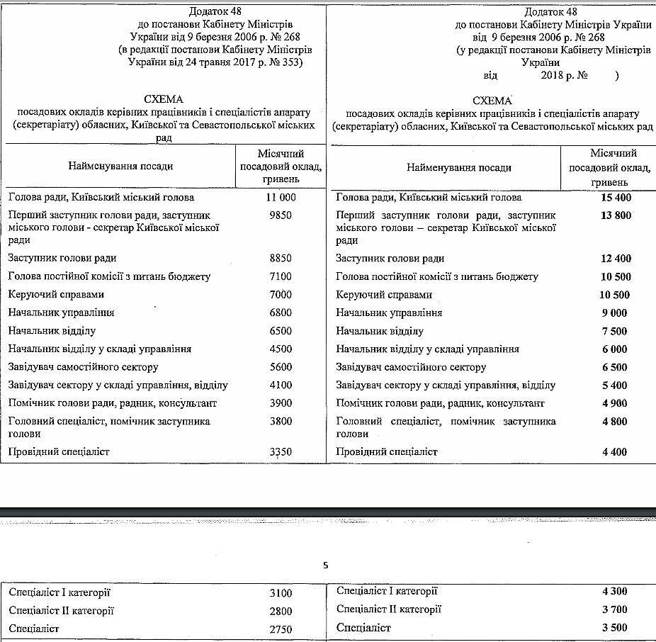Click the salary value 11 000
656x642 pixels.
(281, 198)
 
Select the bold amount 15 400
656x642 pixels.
(613, 198)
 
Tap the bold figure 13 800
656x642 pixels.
(613, 215)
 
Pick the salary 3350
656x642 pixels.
(281, 452)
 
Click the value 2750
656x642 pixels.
(281, 629)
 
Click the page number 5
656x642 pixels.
(325, 565)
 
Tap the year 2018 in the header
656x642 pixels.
(554, 75)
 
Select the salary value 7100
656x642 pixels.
(281, 276)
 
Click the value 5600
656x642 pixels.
(281, 367)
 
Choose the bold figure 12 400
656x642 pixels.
(613, 259)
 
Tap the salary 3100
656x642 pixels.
(281, 592)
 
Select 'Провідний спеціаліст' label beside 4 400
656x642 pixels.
(387, 451)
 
